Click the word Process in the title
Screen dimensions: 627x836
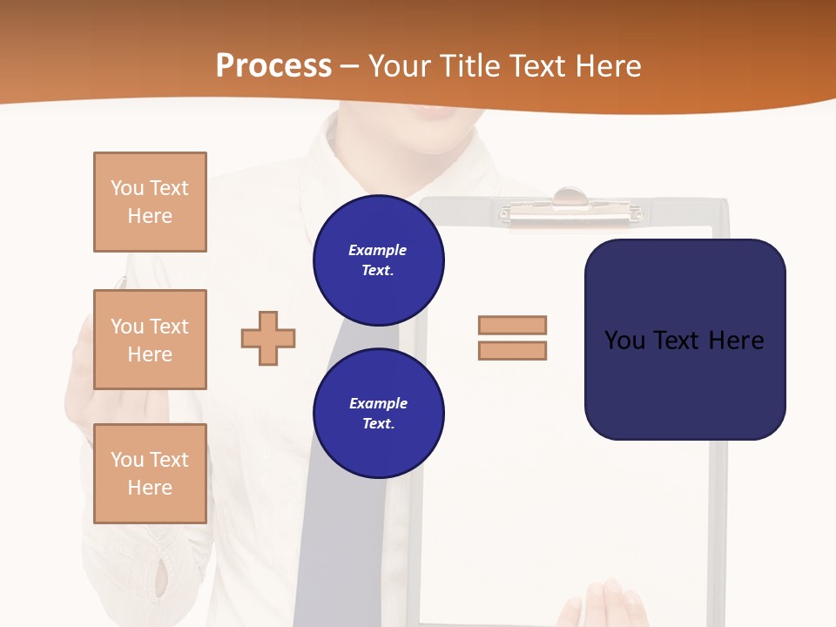coord(273,66)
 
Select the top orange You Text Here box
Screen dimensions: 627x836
coord(150,202)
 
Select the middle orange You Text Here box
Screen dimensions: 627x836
coord(150,340)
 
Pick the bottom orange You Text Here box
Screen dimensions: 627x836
coord(150,474)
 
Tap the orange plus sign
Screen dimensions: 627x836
coord(268,338)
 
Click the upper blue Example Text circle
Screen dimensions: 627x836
coord(379,260)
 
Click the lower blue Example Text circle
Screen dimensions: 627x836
coord(379,414)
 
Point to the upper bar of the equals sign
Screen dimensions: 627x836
coord(512,325)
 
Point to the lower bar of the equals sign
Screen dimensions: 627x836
coord(512,350)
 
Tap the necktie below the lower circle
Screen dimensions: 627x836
coord(348,522)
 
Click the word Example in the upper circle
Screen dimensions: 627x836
coord(378,250)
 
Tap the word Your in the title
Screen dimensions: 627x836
coord(397,66)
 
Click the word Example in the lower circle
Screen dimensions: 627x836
coord(378,403)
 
